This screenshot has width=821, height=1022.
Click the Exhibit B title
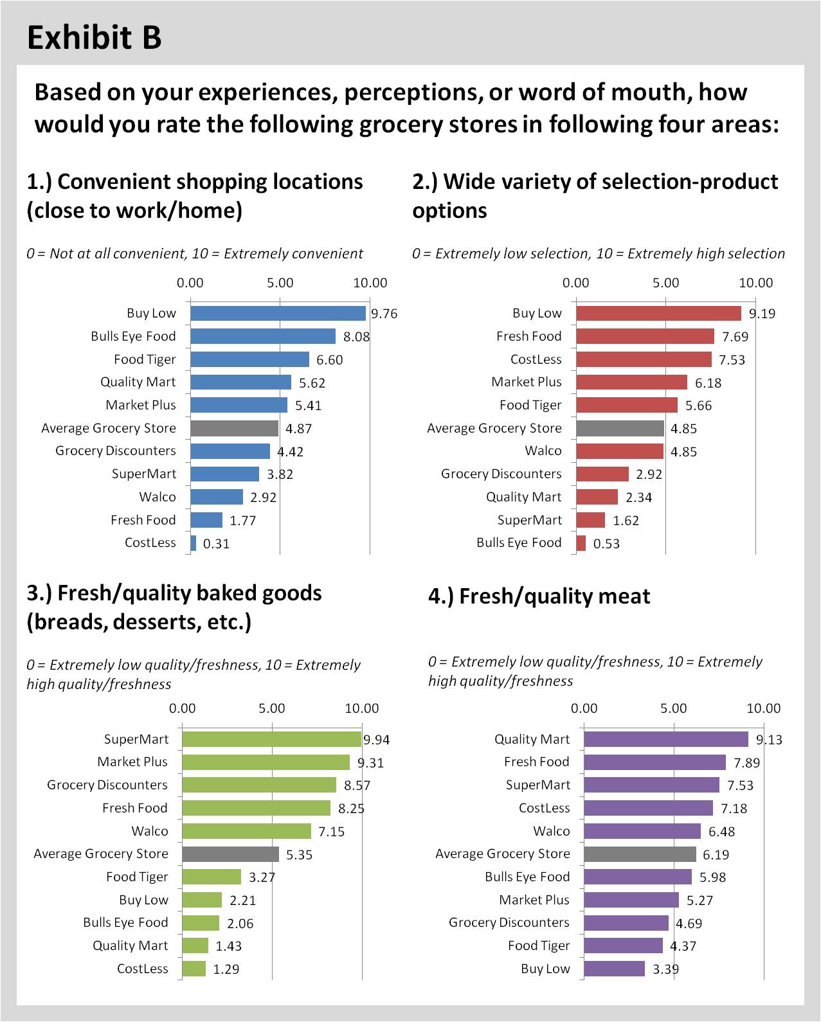click(x=94, y=37)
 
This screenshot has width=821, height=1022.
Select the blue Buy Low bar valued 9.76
click(x=278, y=313)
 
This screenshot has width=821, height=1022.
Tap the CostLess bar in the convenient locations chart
click(x=194, y=543)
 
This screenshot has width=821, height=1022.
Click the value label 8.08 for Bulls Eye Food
click(x=356, y=337)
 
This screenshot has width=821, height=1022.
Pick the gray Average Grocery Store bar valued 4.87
click(x=234, y=428)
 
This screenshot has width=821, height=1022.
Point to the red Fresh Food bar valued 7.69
click(x=645, y=336)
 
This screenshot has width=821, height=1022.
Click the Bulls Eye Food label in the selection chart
click(x=519, y=542)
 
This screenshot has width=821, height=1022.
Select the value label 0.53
click(x=606, y=544)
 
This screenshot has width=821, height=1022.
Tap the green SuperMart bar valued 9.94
click(x=271, y=739)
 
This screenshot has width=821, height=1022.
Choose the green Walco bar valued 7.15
click(x=246, y=831)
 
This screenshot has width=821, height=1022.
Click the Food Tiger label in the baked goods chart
click(x=137, y=877)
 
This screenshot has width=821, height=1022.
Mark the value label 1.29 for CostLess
click(x=226, y=969)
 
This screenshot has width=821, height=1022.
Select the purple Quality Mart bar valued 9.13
click(x=666, y=739)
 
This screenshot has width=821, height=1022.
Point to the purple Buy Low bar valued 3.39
click(x=614, y=969)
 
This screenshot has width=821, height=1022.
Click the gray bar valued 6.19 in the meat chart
click(x=640, y=854)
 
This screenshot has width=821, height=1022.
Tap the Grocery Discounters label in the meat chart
click(x=509, y=922)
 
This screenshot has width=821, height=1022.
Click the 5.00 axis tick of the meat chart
click(x=673, y=708)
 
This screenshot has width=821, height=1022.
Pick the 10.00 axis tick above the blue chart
click(x=370, y=283)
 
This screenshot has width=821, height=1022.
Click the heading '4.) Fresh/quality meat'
click(x=539, y=596)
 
